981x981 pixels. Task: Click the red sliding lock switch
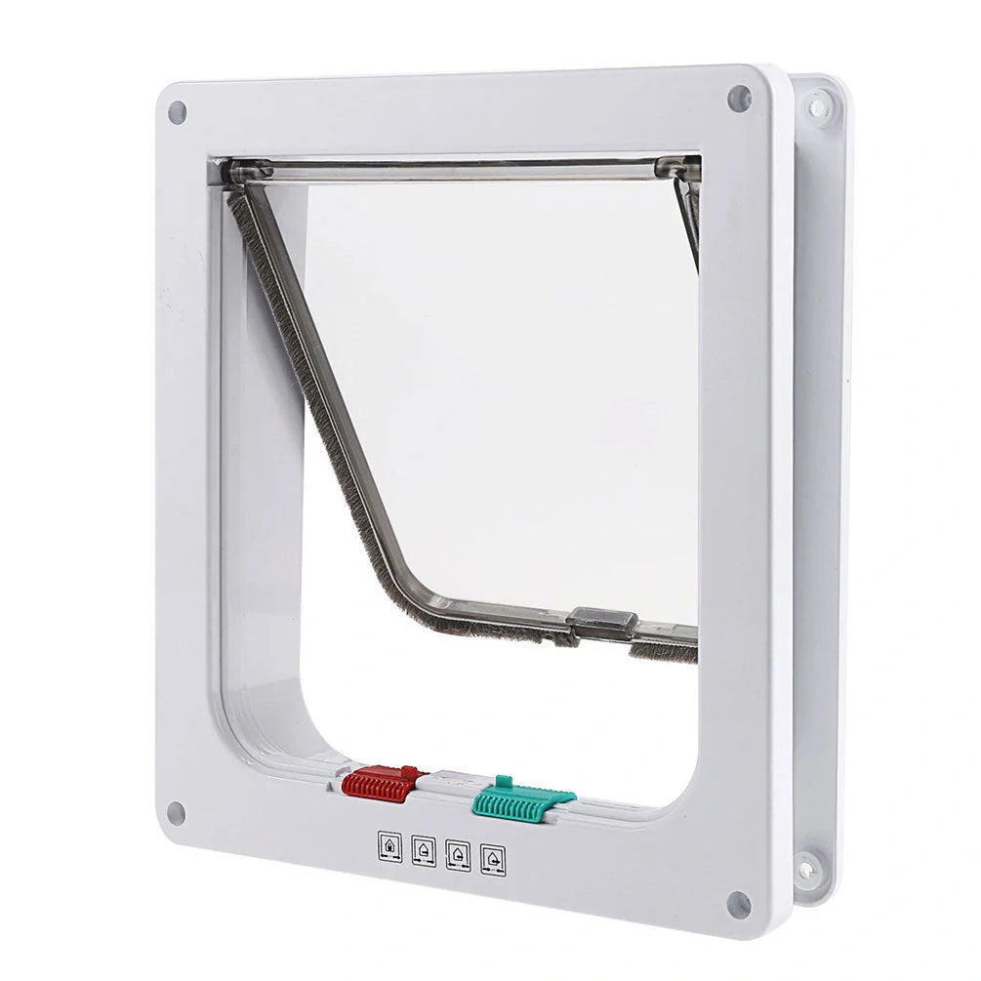pyautogui.click(x=382, y=785)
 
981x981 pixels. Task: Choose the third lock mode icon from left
pyautogui.click(x=458, y=856)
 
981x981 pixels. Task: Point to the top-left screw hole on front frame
pyautogui.click(x=177, y=112)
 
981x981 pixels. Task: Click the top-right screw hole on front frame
pyautogui.click(x=739, y=98)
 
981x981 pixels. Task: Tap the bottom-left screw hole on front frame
pyautogui.click(x=177, y=812)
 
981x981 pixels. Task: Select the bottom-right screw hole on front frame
pyautogui.click(x=739, y=903)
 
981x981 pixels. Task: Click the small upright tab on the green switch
pyautogui.click(x=503, y=781)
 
